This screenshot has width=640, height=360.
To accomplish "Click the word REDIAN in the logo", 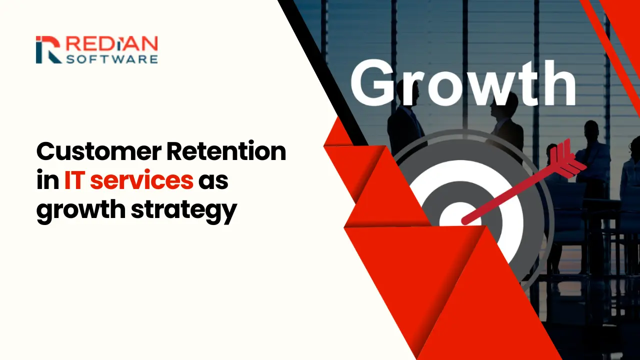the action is click(112, 43).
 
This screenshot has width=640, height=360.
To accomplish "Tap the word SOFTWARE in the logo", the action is click(112, 59).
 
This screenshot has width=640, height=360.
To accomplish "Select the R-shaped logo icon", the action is click(49, 49).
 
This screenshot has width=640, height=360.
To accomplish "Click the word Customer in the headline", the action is click(99, 152).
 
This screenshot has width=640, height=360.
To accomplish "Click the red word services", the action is click(141, 180).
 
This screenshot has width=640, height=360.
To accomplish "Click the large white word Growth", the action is click(463, 83).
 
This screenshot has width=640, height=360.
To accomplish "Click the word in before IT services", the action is click(47, 180).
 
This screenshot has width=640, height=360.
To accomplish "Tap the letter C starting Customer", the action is click(45, 152).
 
